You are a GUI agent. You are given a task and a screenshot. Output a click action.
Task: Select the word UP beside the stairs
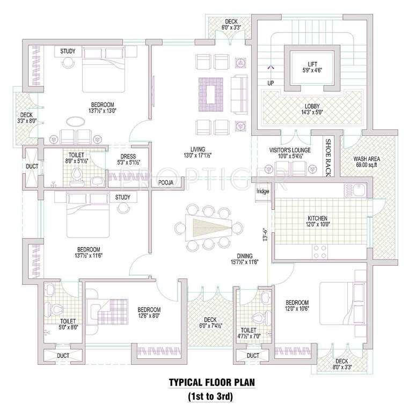coord(271,83)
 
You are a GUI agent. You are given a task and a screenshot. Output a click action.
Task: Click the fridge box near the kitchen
coord(263,192)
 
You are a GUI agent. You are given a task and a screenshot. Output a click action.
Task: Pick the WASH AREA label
coord(367,159)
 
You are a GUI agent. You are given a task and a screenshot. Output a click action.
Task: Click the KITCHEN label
coord(317,218)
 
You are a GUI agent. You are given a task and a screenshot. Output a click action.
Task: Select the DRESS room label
coord(128,157)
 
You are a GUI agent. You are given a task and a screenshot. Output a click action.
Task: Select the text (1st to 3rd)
coord(210,398)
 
